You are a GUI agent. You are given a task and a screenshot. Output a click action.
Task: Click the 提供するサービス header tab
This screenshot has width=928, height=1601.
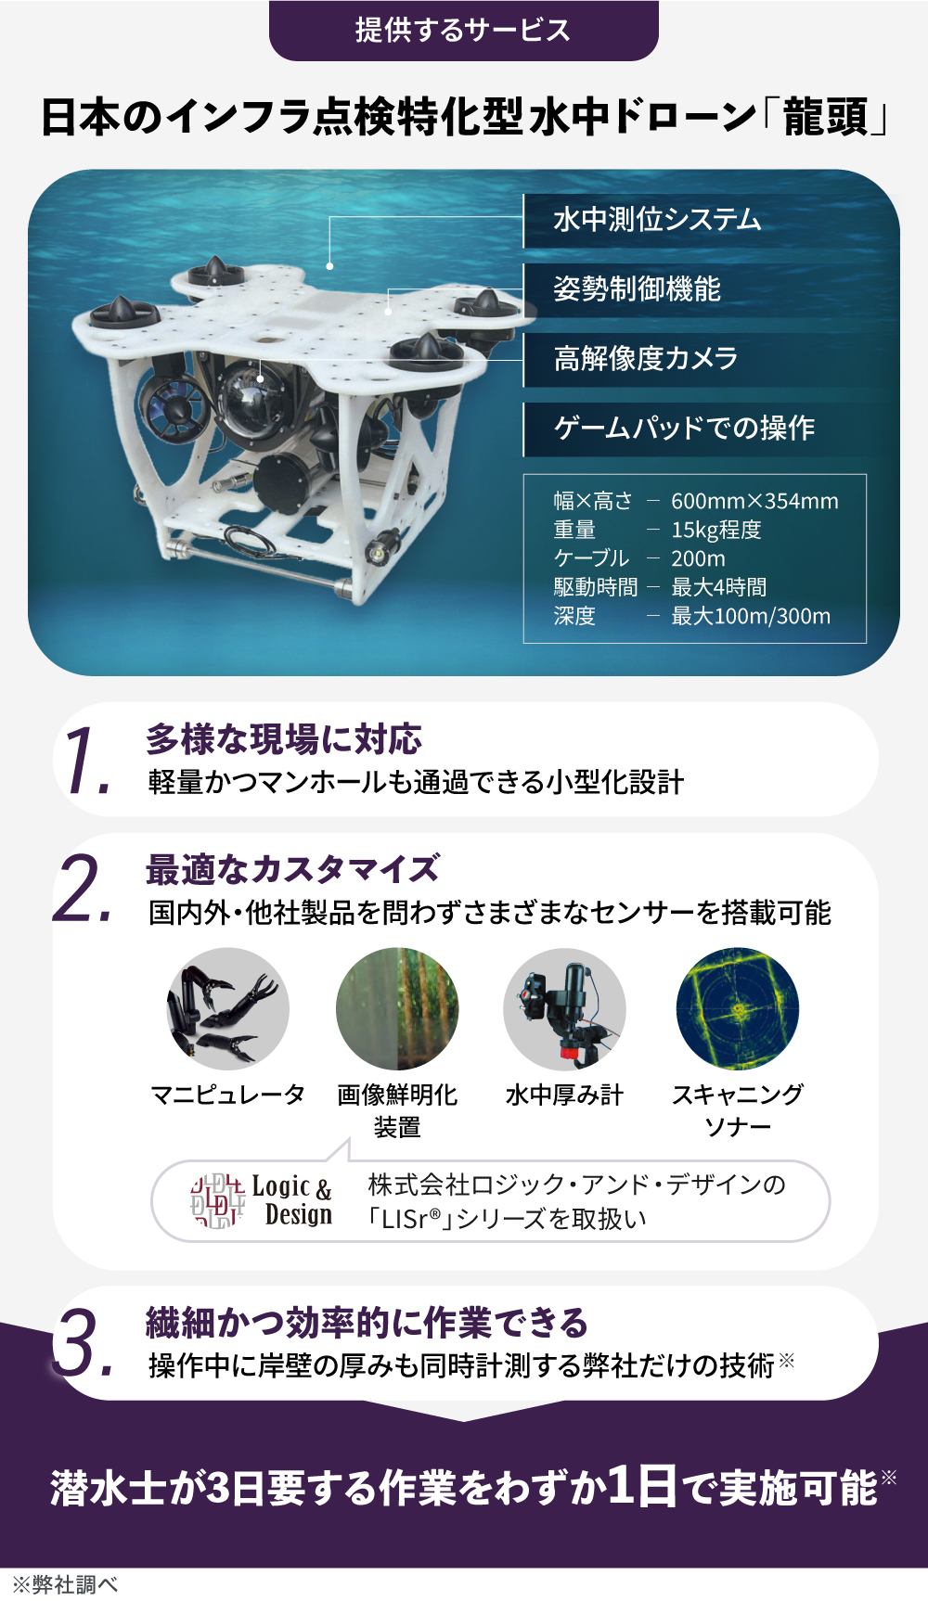pyautogui.click(x=463, y=31)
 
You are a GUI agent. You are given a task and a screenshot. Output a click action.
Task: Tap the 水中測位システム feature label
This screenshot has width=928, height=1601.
pyautogui.click(x=657, y=220)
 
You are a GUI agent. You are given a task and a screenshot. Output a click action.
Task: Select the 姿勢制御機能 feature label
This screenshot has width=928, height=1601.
pyautogui.click(x=637, y=289)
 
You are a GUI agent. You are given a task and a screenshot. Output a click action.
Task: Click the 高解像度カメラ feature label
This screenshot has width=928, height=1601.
pyautogui.click(x=646, y=358)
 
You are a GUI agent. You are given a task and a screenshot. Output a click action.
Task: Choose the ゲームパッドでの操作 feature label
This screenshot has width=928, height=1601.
pyautogui.click(x=684, y=428)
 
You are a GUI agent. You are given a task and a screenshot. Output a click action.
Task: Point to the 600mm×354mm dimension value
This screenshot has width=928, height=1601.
pyautogui.click(x=754, y=501)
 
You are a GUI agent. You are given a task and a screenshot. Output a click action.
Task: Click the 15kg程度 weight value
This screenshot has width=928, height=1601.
pyautogui.click(x=716, y=530)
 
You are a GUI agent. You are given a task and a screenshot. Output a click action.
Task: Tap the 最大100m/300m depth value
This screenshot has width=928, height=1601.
pyautogui.click(x=751, y=616)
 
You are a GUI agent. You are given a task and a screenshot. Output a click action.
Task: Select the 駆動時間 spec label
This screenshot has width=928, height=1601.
pyautogui.click(x=596, y=587)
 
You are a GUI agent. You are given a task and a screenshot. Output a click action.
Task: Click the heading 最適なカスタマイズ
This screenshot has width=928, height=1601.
pyautogui.click(x=292, y=869)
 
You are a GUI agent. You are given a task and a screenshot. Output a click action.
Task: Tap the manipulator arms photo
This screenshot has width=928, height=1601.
pyautogui.click(x=228, y=1009)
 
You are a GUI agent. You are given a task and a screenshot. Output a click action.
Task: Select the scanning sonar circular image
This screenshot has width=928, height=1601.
pyautogui.click(x=738, y=1009)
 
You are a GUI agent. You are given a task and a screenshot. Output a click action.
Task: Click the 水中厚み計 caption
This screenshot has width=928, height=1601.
pyautogui.click(x=564, y=1095)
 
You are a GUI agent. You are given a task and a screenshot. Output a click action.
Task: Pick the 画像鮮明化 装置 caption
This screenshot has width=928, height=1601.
pyautogui.click(x=397, y=1111)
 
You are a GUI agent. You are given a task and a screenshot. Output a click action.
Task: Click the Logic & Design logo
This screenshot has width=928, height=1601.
pyautogui.click(x=261, y=1201)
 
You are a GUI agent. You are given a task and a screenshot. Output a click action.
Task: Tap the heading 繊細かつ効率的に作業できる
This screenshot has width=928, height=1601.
pyautogui.click(x=367, y=1323)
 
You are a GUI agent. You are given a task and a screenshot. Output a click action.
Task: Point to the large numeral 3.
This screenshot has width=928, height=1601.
pyautogui.click(x=84, y=1342)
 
